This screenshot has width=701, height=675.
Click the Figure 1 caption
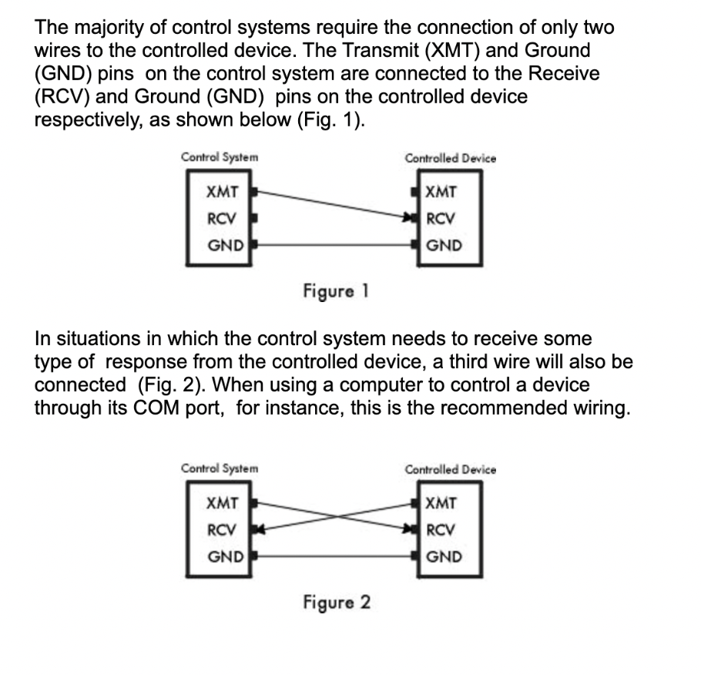click(336, 291)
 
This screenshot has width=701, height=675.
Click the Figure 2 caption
click(337, 603)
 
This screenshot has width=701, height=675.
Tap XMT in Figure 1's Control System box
click(222, 192)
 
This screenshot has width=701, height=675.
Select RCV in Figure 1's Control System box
click(221, 219)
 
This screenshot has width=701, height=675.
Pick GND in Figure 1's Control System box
click(226, 246)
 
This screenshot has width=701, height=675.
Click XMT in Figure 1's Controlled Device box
click(441, 192)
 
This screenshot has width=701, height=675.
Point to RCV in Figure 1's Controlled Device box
click(441, 219)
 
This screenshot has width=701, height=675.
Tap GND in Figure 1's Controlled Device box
click(444, 246)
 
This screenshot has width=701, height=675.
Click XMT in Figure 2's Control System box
click(222, 503)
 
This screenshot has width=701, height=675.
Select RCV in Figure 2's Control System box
click(221, 530)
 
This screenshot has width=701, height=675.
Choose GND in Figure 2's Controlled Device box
click(444, 557)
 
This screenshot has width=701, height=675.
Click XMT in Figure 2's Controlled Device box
click(441, 503)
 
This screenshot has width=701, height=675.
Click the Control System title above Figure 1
click(220, 157)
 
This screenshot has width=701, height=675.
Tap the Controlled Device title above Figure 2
click(450, 470)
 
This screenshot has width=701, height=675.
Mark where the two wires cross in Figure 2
click(335, 516)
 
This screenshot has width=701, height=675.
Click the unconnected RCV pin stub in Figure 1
click(254, 219)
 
